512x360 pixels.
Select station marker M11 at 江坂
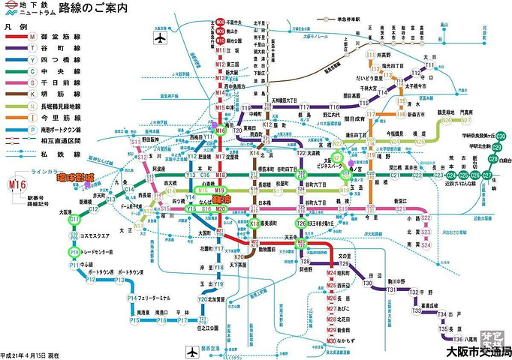coord(220,51)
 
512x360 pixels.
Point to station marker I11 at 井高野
coord(370,56)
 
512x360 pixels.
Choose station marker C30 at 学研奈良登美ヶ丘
coord(500,135)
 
